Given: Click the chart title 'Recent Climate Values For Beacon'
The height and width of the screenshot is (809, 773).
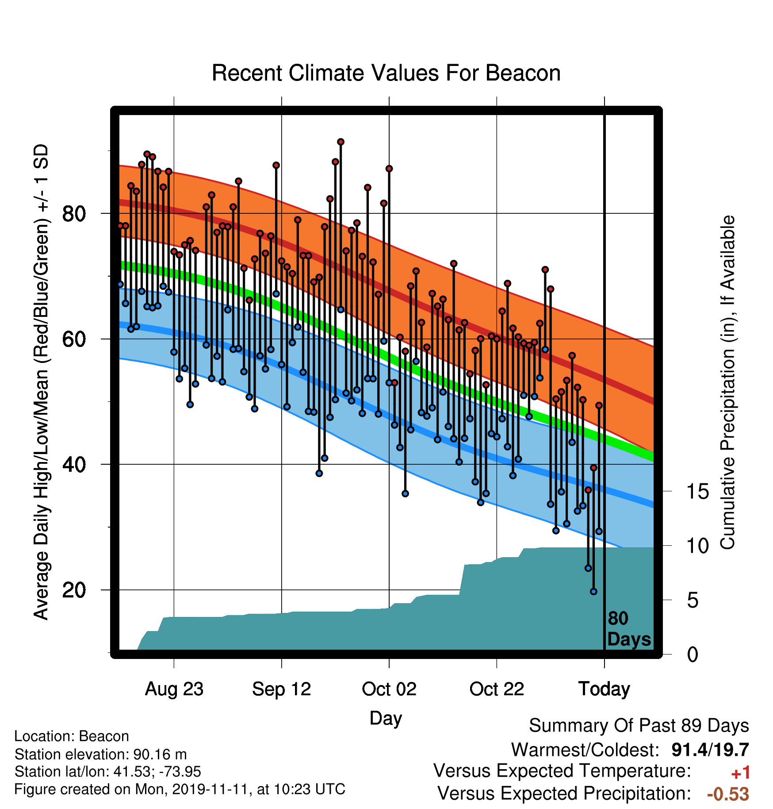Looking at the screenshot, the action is pyautogui.click(x=386, y=73).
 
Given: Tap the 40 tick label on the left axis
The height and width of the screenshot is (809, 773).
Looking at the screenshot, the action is pyautogui.click(x=74, y=464).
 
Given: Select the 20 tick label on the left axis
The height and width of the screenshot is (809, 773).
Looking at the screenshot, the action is pyautogui.click(x=74, y=590).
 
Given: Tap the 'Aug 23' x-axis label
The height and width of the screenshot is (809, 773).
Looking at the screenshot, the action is pyautogui.click(x=174, y=689).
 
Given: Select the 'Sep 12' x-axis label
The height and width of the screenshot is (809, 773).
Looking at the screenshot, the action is pyautogui.click(x=282, y=689).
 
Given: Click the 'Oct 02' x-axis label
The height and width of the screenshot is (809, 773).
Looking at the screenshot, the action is pyautogui.click(x=389, y=689).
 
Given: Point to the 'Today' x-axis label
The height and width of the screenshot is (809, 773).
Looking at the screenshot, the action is pyautogui.click(x=604, y=689).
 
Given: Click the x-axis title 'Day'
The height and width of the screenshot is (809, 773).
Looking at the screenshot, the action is pyautogui.click(x=386, y=718).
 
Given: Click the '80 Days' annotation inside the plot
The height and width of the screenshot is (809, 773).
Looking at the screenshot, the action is pyautogui.click(x=629, y=629).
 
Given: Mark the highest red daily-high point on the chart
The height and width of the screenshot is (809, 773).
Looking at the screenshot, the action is pyautogui.click(x=341, y=142).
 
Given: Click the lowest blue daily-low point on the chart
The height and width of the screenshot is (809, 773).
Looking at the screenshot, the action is pyautogui.click(x=593, y=591).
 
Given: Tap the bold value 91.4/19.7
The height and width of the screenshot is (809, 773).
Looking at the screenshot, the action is pyautogui.click(x=710, y=750).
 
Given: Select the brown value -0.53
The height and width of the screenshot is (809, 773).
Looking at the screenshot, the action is pyautogui.click(x=728, y=794).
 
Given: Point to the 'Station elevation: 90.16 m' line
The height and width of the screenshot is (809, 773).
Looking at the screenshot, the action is pyautogui.click(x=100, y=754).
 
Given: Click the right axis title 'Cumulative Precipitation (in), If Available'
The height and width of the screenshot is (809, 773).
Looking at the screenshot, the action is pyautogui.click(x=727, y=382).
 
